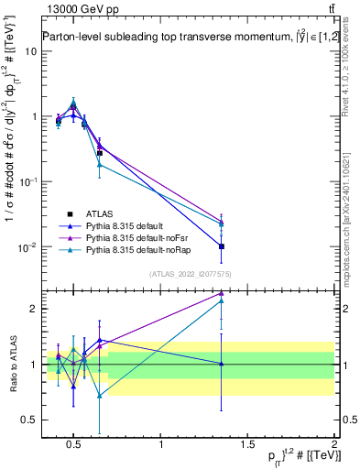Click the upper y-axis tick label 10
(x=31, y=51)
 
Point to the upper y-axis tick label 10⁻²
(x=27, y=247)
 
